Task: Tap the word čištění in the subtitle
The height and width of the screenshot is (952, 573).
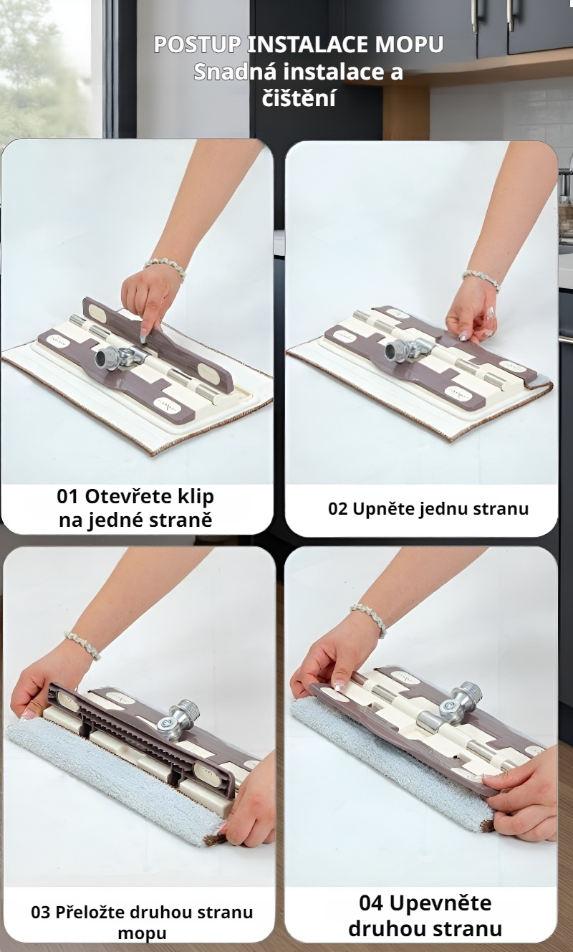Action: [x=299, y=99]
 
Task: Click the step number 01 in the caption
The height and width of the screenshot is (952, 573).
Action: [x=67, y=496]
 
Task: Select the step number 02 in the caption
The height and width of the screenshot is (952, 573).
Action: [x=338, y=509]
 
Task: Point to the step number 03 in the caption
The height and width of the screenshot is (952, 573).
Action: [x=42, y=912]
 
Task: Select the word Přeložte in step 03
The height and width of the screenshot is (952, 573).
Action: [x=90, y=912]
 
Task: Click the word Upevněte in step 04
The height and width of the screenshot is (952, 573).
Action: [x=440, y=903]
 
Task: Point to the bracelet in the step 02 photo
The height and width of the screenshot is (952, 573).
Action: [x=481, y=280]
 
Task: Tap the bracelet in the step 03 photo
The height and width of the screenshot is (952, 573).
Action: [x=83, y=644]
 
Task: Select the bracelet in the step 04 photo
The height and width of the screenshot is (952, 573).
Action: [x=369, y=619]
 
